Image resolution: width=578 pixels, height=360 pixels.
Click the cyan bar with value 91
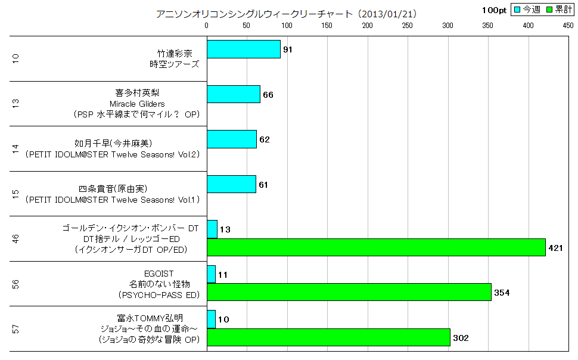coord(243,49)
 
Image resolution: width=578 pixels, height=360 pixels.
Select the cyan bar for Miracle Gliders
coord(233,94)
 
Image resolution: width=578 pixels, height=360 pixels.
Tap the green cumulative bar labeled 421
coord(376,247)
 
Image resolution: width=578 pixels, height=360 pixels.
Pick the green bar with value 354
coord(349,292)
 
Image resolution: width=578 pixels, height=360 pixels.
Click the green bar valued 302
coord(328,337)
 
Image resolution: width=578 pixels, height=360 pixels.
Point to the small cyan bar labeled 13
coord(212,229)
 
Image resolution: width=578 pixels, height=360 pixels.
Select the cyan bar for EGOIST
coord(211,274)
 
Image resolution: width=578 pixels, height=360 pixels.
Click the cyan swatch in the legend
coord(517,10)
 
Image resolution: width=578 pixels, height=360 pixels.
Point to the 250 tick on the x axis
coord(408,26)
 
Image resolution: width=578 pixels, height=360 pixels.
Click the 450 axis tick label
coord(568,26)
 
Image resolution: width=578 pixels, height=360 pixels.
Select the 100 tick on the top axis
coord(287,26)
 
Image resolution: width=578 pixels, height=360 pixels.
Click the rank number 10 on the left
coord(16,58)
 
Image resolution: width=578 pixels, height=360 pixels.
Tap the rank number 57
coord(16,328)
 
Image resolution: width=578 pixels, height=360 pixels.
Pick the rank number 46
coord(16,238)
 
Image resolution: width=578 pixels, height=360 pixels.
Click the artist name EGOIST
coord(162,273)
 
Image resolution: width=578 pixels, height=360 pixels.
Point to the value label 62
coord(265,140)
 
